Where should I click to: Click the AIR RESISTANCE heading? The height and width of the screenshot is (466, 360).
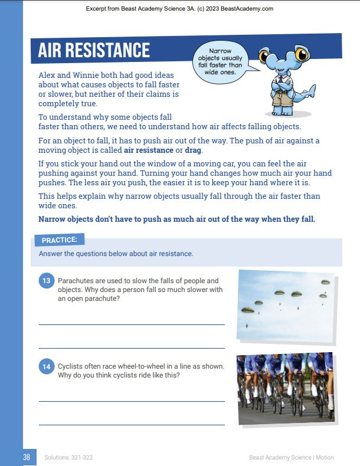[94, 50]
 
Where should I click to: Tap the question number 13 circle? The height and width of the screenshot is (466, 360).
[47, 281]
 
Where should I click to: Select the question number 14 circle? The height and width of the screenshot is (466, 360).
[47, 367]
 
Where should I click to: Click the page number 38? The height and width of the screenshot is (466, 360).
[27, 457]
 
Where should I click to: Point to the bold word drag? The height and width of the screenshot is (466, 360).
[193, 150]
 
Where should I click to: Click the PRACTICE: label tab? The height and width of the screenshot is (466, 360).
[60, 240]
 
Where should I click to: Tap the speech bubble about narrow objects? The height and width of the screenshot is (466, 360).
[220, 61]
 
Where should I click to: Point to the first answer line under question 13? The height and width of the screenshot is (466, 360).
[132, 324]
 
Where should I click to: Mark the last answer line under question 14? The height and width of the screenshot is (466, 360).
[132, 424]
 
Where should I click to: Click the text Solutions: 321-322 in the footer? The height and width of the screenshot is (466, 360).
[68, 458]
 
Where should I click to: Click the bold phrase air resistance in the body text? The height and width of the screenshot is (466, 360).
[149, 150]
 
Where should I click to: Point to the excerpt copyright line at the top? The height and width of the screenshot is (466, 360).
[179, 9]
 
